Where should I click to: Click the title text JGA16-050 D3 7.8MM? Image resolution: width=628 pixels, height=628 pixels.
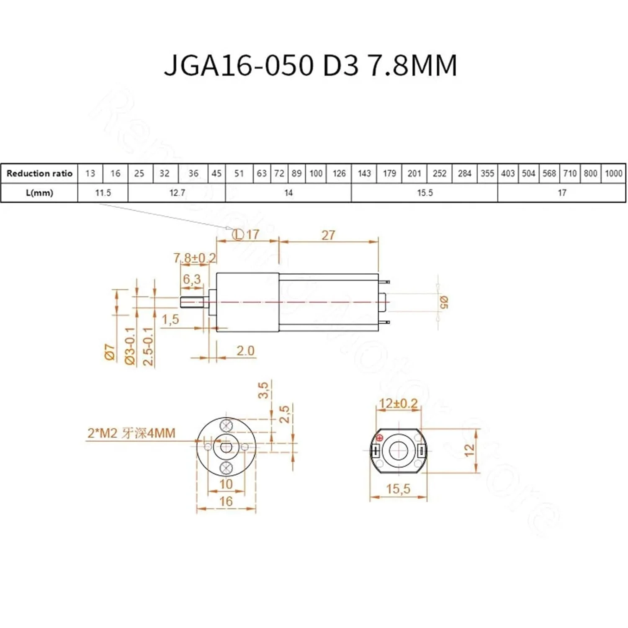(x=310, y=65)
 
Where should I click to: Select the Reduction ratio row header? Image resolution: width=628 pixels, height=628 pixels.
(x=39, y=173)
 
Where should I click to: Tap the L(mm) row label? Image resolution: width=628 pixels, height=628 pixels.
(x=39, y=193)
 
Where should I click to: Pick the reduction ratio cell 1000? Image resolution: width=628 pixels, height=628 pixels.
(x=613, y=173)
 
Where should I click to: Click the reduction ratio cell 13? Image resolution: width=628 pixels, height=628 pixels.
(x=90, y=173)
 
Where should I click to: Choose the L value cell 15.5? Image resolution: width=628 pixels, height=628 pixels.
(x=425, y=193)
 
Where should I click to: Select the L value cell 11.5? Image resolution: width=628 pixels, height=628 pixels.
(x=103, y=193)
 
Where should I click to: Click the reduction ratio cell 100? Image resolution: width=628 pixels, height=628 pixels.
(x=316, y=173)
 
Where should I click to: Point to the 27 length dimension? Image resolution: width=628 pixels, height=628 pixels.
(x=328, y=235)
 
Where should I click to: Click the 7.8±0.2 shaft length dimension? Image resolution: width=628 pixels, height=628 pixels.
(x=195, y=258)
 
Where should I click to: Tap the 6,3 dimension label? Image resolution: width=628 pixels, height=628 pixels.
(x=192, y=279)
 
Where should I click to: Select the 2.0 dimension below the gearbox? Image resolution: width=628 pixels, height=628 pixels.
(x=245, y=350)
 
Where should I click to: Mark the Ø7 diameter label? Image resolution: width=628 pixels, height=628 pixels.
(x=110, y=353)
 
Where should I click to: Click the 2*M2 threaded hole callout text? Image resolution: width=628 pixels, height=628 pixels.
(x=131, y=433)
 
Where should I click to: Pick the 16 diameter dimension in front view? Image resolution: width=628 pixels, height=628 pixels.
(x=226, y=501)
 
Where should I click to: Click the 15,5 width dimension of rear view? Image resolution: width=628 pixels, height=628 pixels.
(x=398, y=489)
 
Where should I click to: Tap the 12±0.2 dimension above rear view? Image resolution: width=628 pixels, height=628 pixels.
(x=398, y=404)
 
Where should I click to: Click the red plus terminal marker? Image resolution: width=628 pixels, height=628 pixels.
(x=380, y=438)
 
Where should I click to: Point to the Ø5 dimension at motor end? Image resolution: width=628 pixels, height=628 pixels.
(x=444, y=302)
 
